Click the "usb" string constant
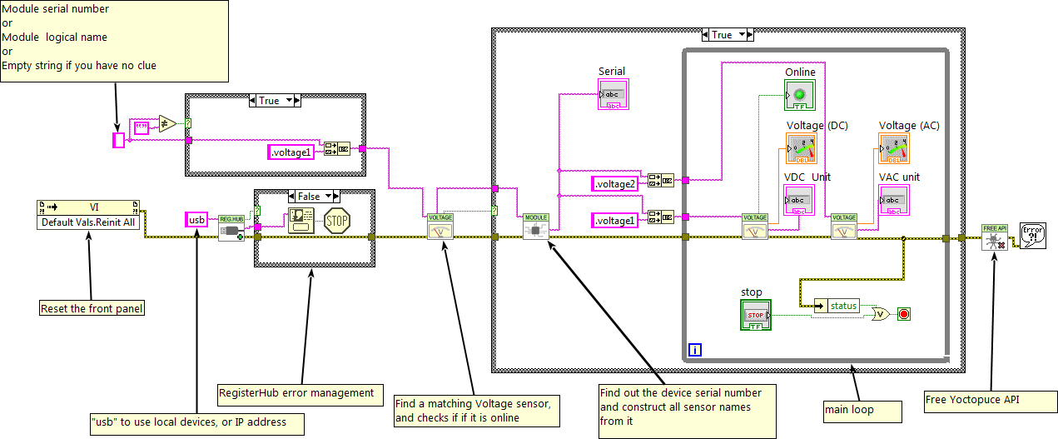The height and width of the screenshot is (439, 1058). [x=196, y=220]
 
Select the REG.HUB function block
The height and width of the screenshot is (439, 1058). [x=231, y=228]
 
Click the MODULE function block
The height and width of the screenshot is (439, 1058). [x=536, y=227]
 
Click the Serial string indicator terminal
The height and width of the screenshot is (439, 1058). [x=613, y=94]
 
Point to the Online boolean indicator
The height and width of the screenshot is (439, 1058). [x=800, y=95]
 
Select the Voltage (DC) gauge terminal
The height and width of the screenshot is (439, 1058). [x=802, y=148]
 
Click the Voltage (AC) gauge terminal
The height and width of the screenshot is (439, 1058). [x=894, y=148]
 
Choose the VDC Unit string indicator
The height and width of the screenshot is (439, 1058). [x=800, y=200]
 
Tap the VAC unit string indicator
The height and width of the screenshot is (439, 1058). [x=894, y=200]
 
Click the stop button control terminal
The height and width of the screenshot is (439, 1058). [x=756, y=315]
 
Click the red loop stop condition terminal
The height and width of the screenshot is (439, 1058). [x=904, y=314]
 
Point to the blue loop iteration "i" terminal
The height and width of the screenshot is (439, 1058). [x=696, y=351]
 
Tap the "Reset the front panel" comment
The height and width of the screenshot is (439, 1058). [x=92, y=309]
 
